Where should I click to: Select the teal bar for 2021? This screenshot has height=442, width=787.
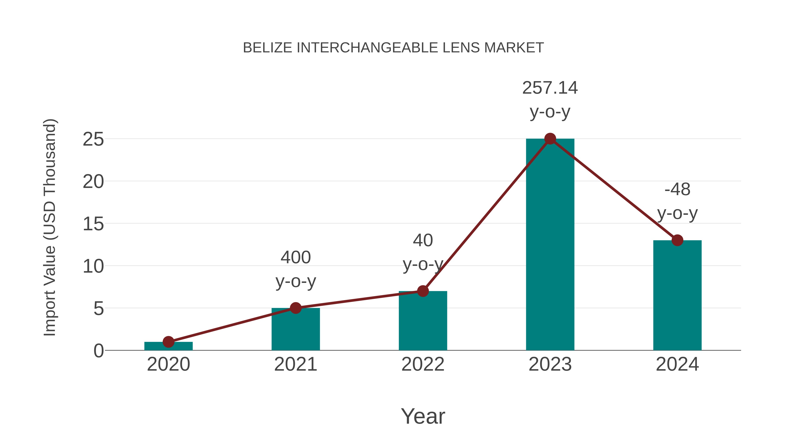pyautogui.click(x=295, y=329)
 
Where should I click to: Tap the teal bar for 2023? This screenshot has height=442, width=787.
pyautogui.click(x=550, y=244)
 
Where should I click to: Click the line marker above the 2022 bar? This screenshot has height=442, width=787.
pyautogui.click(x=423, y=291)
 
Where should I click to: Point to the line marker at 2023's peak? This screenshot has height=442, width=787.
pyautogui.click(x=550, y=139)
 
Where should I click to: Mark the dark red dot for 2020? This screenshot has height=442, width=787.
pyautogui.click(x=168, y=342)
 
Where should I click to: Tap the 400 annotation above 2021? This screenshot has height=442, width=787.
pyautogui.click(x=295, y=258)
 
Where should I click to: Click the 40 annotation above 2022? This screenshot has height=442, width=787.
pyautogui.click(x=423, y=240)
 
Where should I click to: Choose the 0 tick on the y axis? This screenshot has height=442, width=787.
pyautogui.click(x=99, y=351)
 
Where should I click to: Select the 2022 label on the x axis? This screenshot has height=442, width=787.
pyautogui.click(x=423, y=364)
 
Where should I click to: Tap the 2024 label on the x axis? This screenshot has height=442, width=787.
pyautogui.click(x=677, y=364)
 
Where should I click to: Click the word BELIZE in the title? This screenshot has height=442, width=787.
pyautogui.click(x=267, y=48)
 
